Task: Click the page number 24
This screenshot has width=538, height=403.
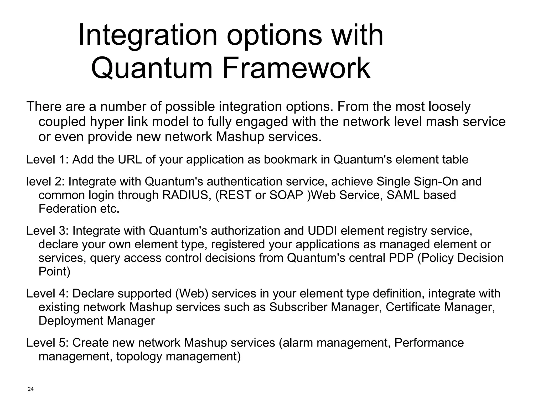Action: coord(30,389)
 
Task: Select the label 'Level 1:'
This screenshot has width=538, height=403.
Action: coord(47,159)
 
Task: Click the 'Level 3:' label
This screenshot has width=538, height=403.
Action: coord(47,231)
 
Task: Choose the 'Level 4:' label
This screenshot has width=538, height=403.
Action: coord(47,293)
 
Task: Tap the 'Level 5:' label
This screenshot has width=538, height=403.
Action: coord(47,343)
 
